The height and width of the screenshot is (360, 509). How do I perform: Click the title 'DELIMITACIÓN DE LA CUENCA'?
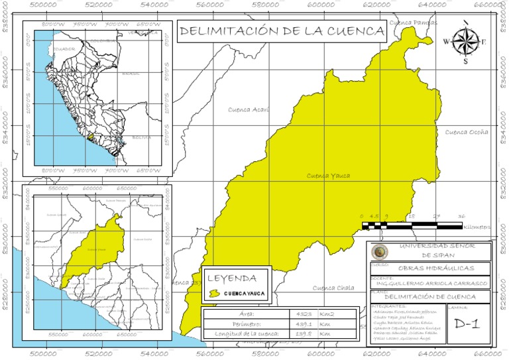pyautogui.click(x=282, y=31)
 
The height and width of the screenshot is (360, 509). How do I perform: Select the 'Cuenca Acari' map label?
pyautogui.click(x=249, y=109)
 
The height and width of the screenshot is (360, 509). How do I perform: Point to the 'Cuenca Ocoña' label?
pyautogui.click(x=467, y=132)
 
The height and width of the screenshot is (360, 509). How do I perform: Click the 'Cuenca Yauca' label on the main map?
pyautogui.click(x=328, y=176)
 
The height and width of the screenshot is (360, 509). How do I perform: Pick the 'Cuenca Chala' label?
pyautogui.click(x=333, y=288)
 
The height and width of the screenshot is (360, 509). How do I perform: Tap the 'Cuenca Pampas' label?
pyautogui.click(x=414, y=23)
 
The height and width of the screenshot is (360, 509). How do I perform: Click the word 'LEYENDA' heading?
pyautogui.click(x=237, y=277)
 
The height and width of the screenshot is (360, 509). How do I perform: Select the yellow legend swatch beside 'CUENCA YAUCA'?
pyautogui.click(x=214, y=292)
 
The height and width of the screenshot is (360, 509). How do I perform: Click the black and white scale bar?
pyautogui.click(x=412, y=226)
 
